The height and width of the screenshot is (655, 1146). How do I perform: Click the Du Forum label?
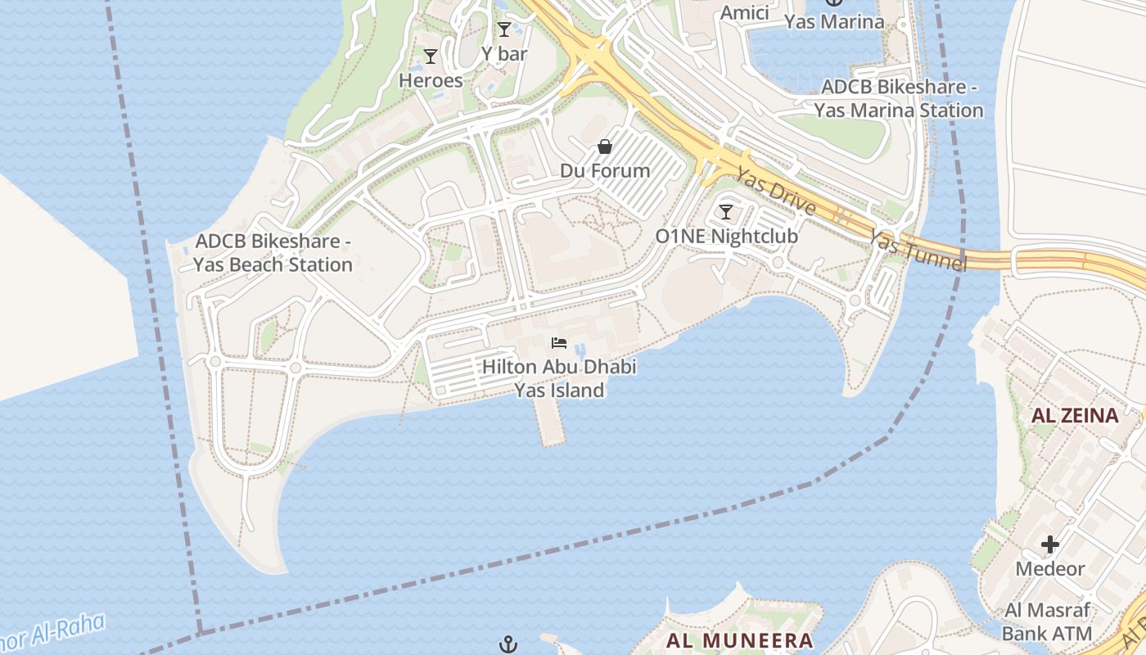click(x=605, y=170)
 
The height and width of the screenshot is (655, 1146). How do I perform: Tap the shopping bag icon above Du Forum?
click(x=605, y=147)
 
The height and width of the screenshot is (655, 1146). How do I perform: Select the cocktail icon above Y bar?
click(x=504, y=30)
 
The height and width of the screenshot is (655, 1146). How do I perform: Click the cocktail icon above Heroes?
click(x=431, y=56)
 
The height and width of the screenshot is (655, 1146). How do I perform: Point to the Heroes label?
click(x=431, y=80)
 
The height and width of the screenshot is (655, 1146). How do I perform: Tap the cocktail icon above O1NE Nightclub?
click(x=726, y=212)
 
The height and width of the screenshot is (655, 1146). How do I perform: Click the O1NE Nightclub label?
click(x=726, y=237)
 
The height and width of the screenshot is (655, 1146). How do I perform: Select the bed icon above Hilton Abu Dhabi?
click(x=559, y=342)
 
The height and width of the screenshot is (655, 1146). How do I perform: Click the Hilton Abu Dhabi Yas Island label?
click(x=559, y=378)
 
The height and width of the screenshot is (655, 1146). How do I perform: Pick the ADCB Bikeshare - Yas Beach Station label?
click(x=273, y=253)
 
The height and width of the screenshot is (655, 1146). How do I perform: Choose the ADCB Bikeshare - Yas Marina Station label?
click(x=899, y=98)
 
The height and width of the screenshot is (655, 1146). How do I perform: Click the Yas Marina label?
click(x=834, y=22)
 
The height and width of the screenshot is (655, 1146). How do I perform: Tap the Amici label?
click(x=744, y=12)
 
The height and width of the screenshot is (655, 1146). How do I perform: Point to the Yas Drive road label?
click(x=775, y=192)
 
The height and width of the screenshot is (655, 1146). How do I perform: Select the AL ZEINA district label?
click(x=1075, y=415)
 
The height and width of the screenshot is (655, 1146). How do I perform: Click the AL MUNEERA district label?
click(x=740, y=640)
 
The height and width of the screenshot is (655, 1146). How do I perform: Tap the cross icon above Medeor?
click(x=1050, y=544)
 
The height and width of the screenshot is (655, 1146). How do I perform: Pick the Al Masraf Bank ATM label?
click(x=1048, y=621)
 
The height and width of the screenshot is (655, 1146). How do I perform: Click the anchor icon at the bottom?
click(x=508, y=644)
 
